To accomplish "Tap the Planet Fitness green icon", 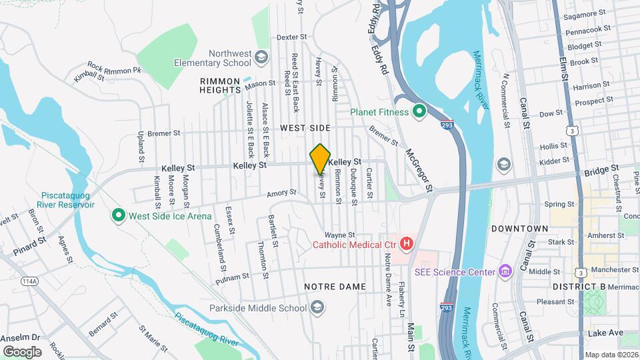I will pos(419,112).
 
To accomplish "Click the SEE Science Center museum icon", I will pos(505,271).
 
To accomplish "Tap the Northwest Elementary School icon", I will pos(261,58).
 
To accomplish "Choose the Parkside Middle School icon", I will pos(317,308).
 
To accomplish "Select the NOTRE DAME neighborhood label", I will pos(325,287).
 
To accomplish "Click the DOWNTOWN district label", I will pos(519,229).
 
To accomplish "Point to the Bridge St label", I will pos(598,171).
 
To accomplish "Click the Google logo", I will pos(22,351).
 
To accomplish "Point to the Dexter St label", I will pos(291,37).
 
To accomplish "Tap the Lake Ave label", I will pos(605,333).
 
